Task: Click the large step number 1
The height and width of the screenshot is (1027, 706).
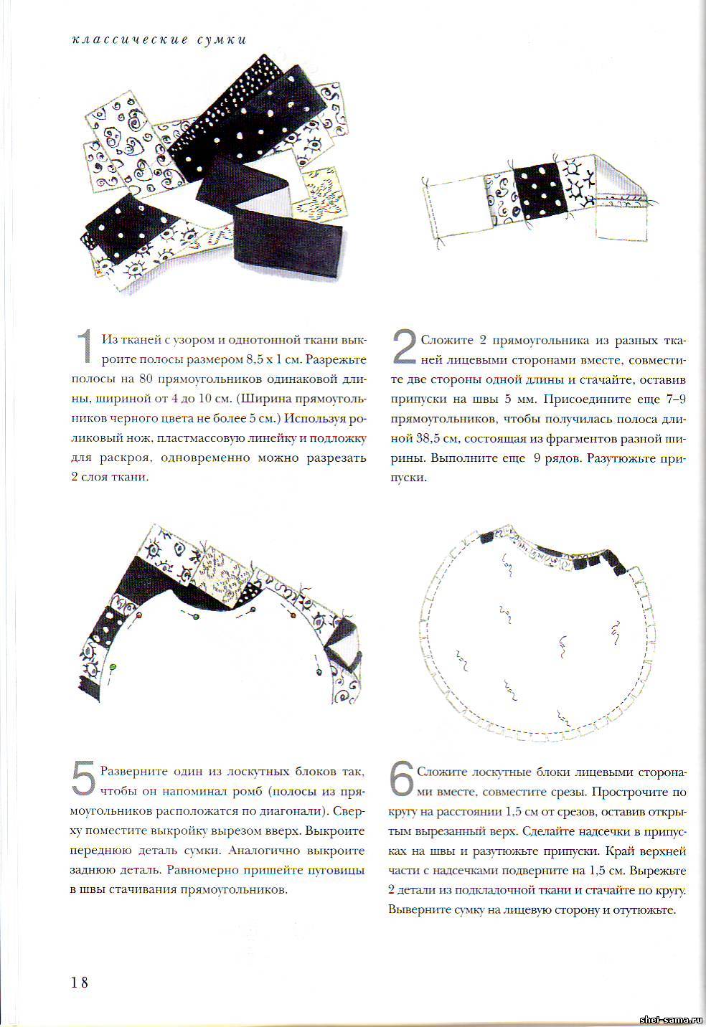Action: tap(85, 346)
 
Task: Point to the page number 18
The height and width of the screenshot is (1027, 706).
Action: tap(80, 982)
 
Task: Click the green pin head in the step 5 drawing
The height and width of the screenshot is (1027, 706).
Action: tap(113, 666)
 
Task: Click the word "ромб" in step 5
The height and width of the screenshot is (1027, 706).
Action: tap(273, 792)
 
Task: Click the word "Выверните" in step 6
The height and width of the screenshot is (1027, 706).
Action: tap(415, 909)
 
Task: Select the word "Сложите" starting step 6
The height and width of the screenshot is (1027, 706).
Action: tap(438, 772)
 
